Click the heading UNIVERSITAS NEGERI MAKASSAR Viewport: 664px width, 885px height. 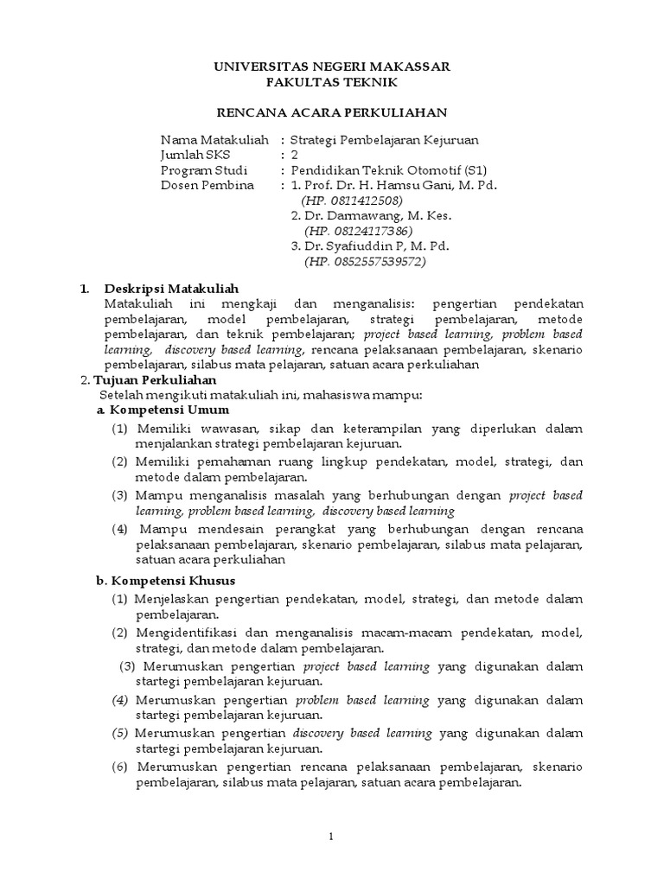pyautogui.click(x=332, y=67)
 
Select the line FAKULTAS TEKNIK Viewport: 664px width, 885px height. pyautogui.click(x=332, y=82)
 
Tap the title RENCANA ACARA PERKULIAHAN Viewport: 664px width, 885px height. pyautogui.click(x=332, y=113)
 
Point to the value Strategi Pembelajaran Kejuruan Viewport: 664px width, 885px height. pyautogui.click(x=384, y=139)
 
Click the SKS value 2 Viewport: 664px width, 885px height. pyautogui.click(x=295, y=155)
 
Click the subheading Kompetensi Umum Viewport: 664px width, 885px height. pyautogui.click(x=168, y=409)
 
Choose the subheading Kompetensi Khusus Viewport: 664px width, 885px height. pyautogui.click(x=171, y=580)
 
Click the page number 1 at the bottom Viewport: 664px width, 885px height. pyautogui.click(x=332, y=837)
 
